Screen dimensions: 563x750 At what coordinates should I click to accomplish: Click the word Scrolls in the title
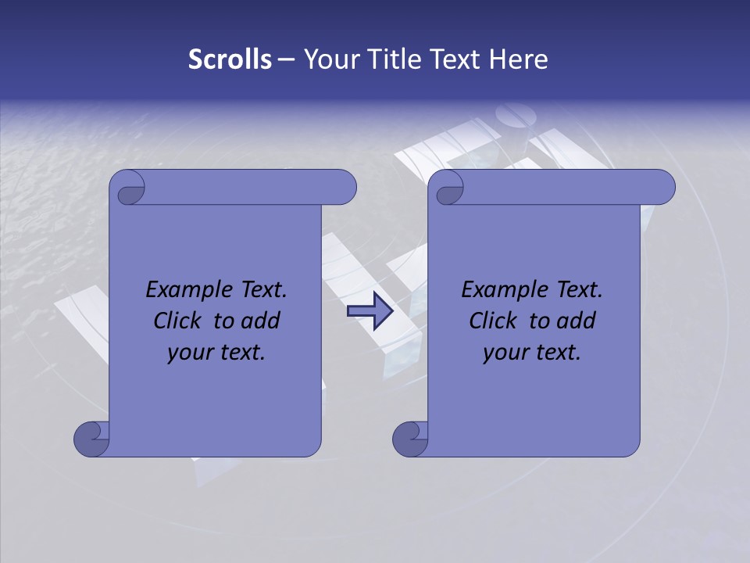pos(230,59)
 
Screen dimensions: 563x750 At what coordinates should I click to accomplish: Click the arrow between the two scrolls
pos(370,311)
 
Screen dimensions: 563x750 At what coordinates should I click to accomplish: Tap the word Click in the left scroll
pos(179,321)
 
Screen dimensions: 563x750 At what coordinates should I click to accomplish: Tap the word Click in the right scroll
pos(494,321)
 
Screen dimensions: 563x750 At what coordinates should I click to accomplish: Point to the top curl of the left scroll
pos(128,188)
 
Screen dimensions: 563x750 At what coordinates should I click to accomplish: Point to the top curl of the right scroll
pos(448,188)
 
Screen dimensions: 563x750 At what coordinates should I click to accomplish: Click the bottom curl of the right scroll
pos(410,438)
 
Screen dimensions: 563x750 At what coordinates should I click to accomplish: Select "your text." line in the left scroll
pos(216,353)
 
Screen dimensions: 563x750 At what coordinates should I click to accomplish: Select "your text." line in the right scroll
pos(532,353)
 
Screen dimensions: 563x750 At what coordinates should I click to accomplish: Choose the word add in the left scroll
pos(259,321)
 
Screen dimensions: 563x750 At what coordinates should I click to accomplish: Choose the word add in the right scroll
pos(575,321)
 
